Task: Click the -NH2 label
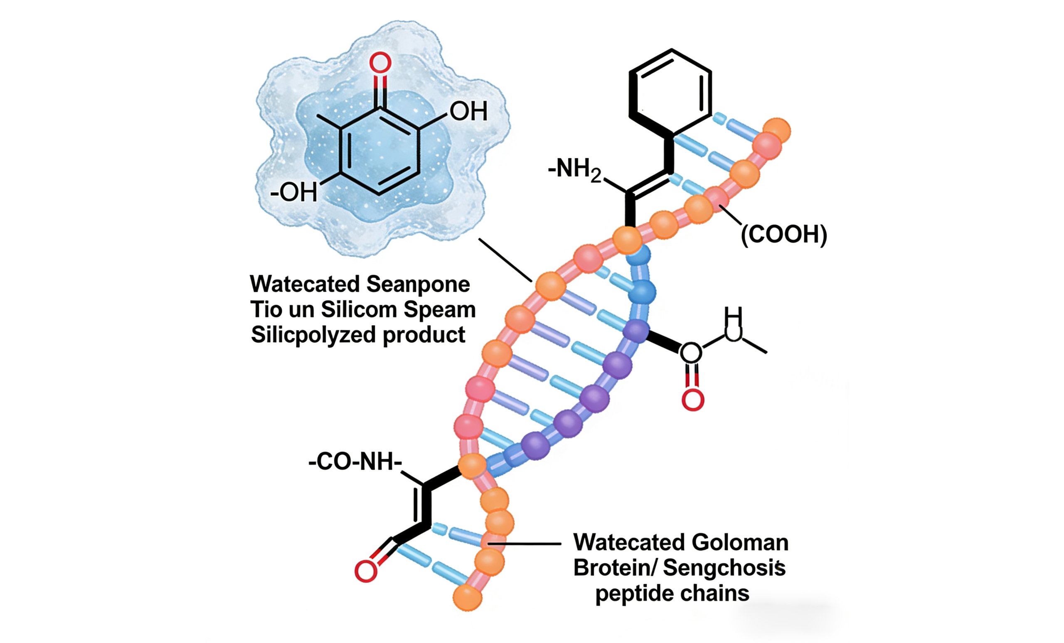coord(574,169)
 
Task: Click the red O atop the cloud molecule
coord(380,63)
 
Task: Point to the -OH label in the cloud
coord(293,192)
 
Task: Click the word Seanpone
coord(418,285)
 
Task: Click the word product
coord(424,335)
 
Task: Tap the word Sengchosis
coord(724,568)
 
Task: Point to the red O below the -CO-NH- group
coord(365,571)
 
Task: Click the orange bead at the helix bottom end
coord(467,597)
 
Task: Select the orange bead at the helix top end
coord(777,130)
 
